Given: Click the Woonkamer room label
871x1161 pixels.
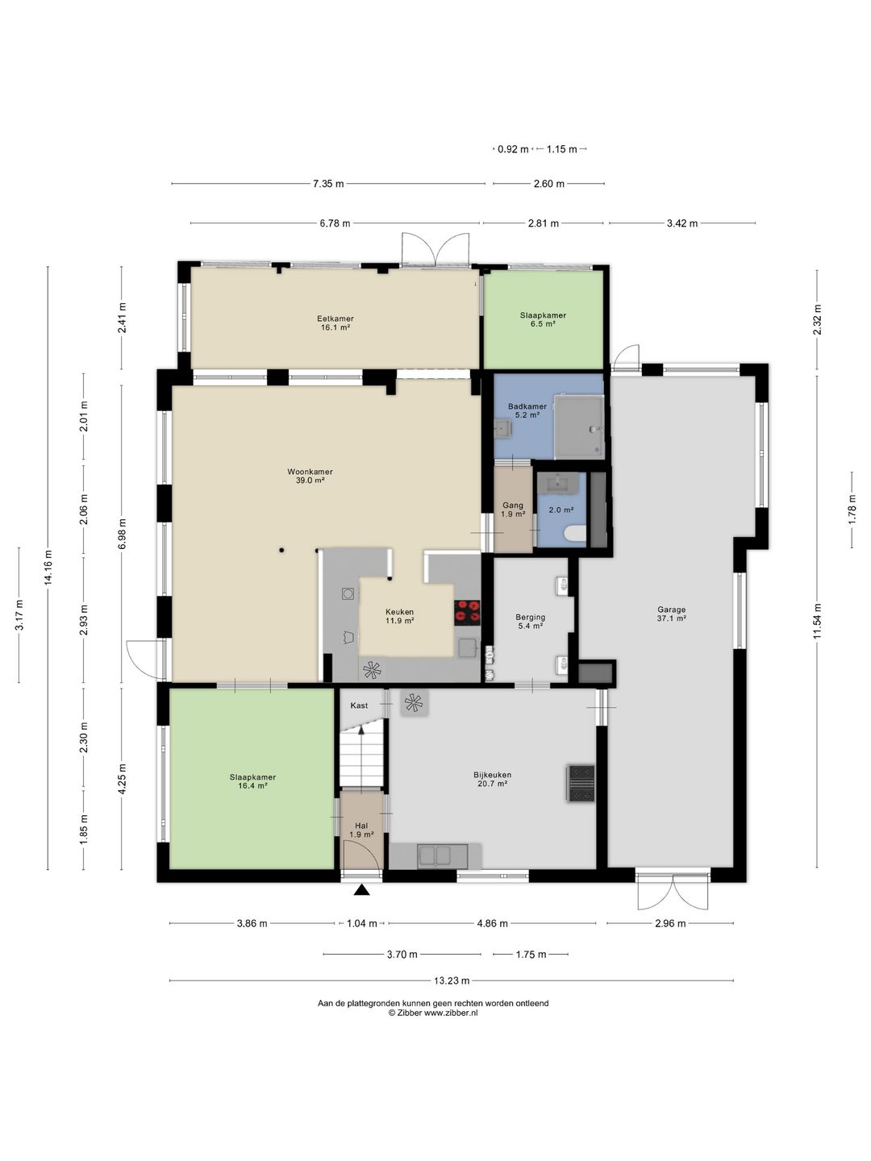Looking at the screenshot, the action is (310, 472).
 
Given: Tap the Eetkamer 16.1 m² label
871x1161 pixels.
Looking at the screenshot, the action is (335, 322).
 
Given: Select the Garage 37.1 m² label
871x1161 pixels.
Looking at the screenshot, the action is (671, 614).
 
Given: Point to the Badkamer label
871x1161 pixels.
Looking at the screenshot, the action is (527, 406).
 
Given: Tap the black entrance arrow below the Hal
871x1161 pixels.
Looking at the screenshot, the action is (362, 890).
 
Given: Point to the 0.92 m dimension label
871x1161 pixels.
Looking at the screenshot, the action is (513, 149).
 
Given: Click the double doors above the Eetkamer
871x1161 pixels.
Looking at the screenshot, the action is (435, 249).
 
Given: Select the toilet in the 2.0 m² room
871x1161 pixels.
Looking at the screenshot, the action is (575, 533).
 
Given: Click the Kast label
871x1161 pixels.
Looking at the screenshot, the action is (359, 705).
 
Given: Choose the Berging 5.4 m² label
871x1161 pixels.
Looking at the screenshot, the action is (530, 621).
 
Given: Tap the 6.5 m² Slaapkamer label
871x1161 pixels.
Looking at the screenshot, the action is (543, 319).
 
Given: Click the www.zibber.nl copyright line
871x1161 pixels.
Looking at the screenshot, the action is (433, 1013).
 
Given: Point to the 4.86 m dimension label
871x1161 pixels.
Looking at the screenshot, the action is (492, 923).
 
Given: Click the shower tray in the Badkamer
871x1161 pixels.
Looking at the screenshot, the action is (578, 427).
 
